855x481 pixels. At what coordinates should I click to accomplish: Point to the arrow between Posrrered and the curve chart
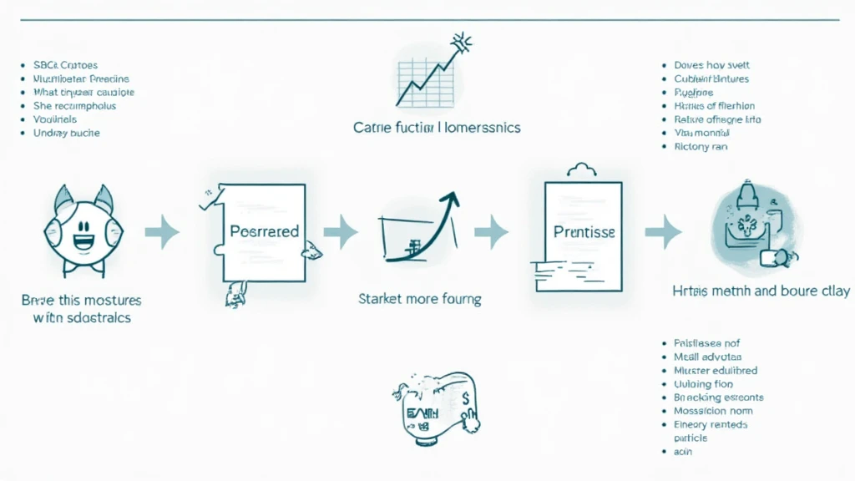340,231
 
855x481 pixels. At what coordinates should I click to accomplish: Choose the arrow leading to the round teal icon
663,231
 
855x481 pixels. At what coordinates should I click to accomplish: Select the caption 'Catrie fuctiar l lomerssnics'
437,128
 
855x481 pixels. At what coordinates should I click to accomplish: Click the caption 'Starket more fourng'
419,298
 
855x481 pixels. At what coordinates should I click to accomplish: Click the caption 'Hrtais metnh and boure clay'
761,291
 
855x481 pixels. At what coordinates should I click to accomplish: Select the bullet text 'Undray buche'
66,133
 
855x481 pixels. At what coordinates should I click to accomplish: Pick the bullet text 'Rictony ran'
701,146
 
